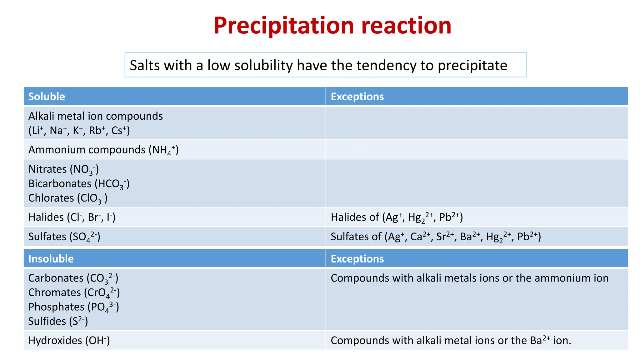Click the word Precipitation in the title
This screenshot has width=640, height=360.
284,26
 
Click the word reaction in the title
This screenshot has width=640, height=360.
406,26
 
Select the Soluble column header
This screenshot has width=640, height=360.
47,97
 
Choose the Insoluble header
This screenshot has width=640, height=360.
51,259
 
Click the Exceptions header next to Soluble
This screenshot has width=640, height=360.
357,97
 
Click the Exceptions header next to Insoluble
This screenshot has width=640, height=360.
357,259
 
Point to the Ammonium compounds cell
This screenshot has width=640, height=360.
103,150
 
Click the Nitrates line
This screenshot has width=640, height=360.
63,169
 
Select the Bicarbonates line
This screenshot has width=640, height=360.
79,184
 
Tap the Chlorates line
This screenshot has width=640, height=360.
68,198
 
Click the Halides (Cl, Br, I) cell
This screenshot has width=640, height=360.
72,217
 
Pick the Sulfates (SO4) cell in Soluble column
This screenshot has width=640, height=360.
64,237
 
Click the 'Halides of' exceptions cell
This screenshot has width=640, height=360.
397,217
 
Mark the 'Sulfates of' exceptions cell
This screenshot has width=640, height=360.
436,237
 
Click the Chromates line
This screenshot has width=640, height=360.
74,292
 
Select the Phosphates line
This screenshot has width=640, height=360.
73,307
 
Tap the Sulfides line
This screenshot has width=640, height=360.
58,321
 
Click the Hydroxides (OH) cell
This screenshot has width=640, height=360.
69,340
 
